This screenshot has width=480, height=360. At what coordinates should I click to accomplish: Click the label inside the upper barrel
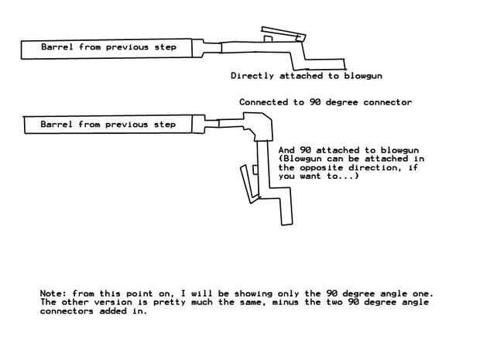coord(108,48)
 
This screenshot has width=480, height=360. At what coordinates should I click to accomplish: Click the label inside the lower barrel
coord(108,124)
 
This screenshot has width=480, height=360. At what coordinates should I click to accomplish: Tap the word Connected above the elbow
coord(263,102)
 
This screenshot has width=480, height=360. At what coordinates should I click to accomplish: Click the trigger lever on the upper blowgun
coord(283,32)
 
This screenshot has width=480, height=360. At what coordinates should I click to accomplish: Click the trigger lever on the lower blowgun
coord(246,187)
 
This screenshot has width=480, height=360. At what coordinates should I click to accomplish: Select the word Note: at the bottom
coord(53,294)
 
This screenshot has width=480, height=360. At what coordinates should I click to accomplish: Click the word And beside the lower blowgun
coord(285,149)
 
